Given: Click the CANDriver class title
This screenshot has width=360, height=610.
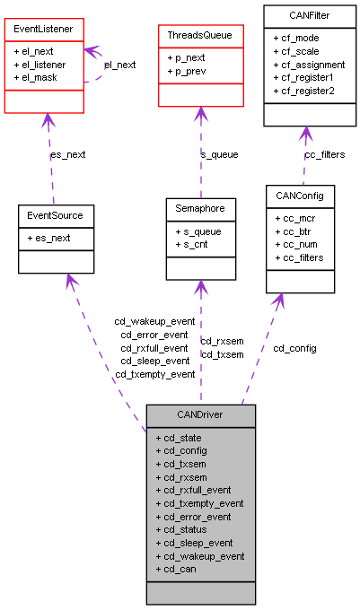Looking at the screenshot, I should point(201,416).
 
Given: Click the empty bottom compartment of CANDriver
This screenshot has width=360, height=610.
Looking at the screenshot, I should point(201,592).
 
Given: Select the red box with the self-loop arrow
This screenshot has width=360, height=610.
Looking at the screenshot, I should point(44,65).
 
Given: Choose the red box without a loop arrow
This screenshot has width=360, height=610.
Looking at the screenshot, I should point(201,65).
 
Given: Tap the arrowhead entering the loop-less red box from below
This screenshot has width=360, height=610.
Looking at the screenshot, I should point(201,115).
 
